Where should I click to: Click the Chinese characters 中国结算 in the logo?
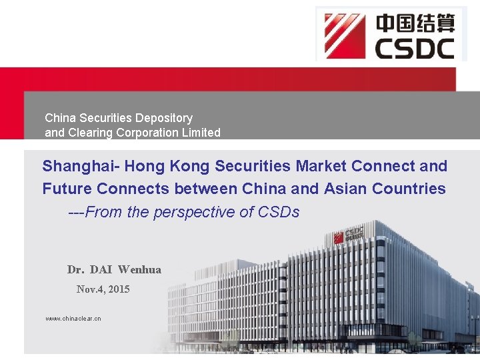[x=415, y=23]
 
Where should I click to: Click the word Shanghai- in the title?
[x=81, y=166]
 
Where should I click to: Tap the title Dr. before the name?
[x=75, y=270]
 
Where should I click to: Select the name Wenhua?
[x=139, y=270]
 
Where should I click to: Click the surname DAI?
[x=101, y=270]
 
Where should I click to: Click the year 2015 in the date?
[x=118, y=289]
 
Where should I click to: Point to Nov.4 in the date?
[x=89, y=289]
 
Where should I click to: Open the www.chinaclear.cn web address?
[x=73, y=319]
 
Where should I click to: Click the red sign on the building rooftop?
[x=349, y=235]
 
